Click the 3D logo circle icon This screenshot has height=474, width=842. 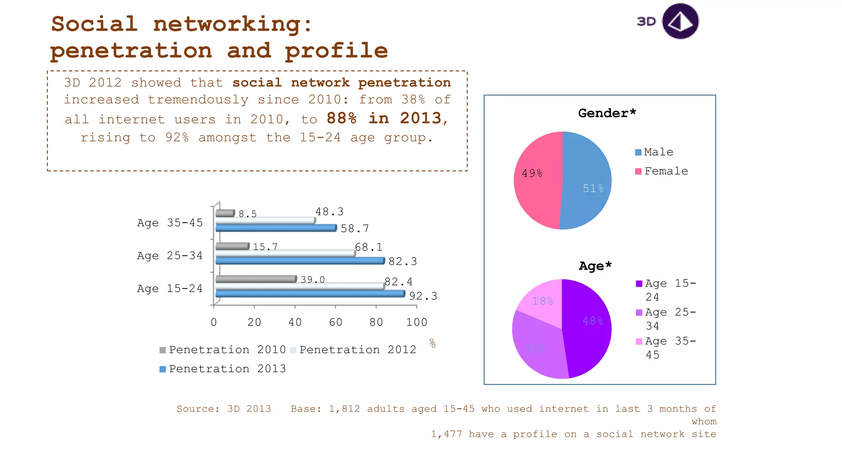(680, 21)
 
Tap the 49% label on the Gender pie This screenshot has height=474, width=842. (532, 173)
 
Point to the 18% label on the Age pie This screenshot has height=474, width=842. (543, 301)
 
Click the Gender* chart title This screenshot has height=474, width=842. (607, 113)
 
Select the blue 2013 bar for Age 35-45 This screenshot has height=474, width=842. (275, 228)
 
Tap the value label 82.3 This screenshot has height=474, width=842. (403, 262)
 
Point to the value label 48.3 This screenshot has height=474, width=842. (329, 212)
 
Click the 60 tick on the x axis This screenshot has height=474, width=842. (335, 322)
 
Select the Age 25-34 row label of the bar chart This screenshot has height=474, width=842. (170, 256)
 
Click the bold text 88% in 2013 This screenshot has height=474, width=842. (384, 118)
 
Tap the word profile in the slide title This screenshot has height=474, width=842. (336, 51)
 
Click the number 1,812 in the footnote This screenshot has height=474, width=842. (344, 409)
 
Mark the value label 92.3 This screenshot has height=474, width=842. (423, 296)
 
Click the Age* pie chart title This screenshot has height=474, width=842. (595, 266)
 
